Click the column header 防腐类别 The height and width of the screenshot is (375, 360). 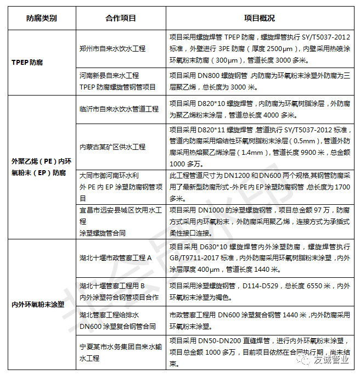pos(41,18)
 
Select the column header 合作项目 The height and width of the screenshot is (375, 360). pos(120,18)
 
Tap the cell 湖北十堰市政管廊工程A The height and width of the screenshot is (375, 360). pos(115,258)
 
